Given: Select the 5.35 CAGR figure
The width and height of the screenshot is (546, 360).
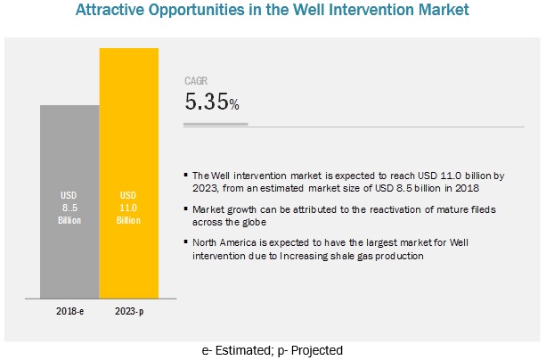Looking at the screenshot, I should pos(206,103).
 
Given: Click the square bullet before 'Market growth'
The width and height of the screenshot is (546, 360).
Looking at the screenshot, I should pos(184,209).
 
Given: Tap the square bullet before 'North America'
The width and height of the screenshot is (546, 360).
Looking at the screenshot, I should pos(184,241).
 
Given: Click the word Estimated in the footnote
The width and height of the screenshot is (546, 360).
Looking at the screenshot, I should pos(240,350).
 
